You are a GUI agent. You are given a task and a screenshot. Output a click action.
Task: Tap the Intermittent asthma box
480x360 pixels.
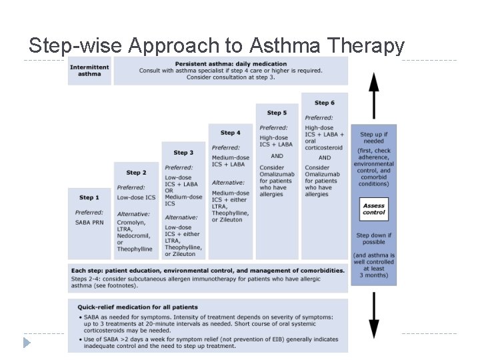(x=89, y=70)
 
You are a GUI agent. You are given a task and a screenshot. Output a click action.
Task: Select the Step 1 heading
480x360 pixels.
(x=89, y=197)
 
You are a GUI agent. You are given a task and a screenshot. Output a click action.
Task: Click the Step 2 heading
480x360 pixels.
(x=136, y=173)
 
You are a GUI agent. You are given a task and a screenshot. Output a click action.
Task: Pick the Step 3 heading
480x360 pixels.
(x=183, y=153)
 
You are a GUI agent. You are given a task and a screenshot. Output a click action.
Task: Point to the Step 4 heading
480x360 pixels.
(x=231, y=133)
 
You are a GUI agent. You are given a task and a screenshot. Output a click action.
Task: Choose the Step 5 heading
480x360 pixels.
(x=277, y=113)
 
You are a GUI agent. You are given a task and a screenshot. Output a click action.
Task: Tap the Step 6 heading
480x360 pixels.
(x=324, y=103)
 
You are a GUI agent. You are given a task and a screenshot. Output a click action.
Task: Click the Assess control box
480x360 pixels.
(x=374, y=209)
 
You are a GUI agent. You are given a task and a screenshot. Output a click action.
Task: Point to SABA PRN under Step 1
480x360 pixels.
(x=89, y=222)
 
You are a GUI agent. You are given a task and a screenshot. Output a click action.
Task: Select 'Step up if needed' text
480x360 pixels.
(x=374, y=138)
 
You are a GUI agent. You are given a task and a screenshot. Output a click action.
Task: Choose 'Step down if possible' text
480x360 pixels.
(x=374, y=239)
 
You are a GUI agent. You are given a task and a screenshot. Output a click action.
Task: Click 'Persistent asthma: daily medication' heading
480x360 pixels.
(x=230, y=64)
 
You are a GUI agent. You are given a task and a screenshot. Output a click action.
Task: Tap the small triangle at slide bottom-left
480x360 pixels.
(x=27, y=343)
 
